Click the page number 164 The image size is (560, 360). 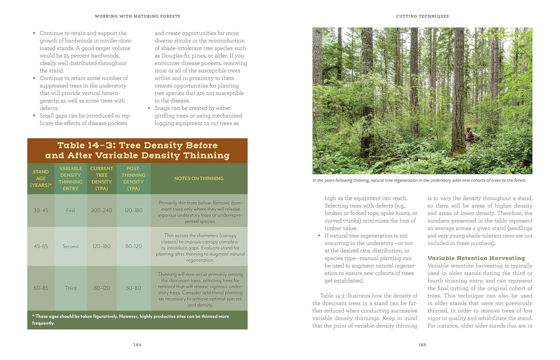point(137,344)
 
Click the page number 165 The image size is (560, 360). point(422,344)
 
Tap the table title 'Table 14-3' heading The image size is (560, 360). point(137,150)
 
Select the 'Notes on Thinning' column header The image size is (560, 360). point(199,178)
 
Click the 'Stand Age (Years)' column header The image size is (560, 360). point(41,178)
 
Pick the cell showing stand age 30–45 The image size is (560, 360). point(41,210)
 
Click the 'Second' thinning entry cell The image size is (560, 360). point(71,246)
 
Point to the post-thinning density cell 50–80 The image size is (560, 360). point(133,288)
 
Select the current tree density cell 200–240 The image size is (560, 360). point(102,210)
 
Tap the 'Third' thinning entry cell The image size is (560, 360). point(71,288)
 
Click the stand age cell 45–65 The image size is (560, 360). point(41,246)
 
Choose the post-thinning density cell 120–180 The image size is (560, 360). point(133,210)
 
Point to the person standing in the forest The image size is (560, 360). point(469,138)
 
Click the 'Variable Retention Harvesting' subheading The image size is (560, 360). point(476,258)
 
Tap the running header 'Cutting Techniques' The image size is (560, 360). point(422,16)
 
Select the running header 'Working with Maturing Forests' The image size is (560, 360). point(137,16)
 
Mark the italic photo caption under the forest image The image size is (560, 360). point(419,180)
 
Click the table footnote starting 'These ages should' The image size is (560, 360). point(131,319)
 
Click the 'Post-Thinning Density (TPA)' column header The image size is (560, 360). point(133,178)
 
